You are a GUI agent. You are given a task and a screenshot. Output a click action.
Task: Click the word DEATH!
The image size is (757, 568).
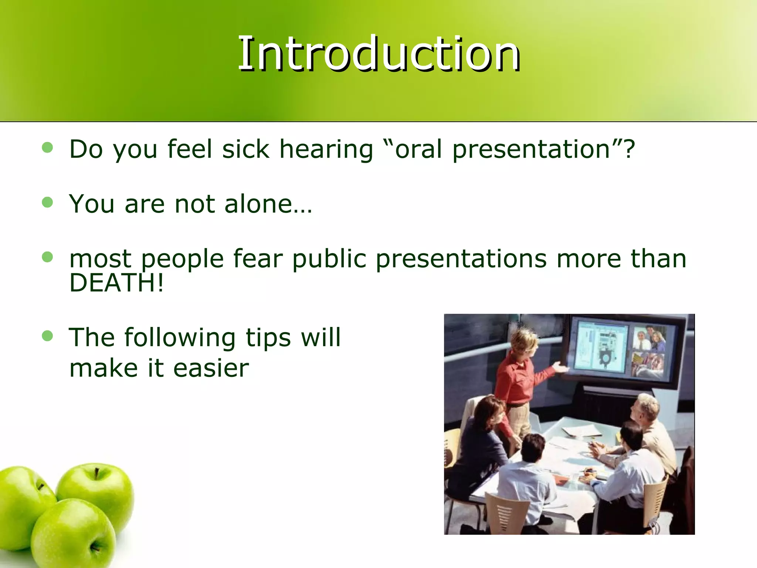tap(116, 283)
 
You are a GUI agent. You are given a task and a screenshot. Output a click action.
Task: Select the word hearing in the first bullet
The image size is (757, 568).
tap(326, 150)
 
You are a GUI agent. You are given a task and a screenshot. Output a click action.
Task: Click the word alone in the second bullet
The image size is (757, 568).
tap(259, 204)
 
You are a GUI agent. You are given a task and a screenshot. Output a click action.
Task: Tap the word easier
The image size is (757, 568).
tap(211, 368)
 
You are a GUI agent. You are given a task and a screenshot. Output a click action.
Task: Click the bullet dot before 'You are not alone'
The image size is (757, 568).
tap(48, 202)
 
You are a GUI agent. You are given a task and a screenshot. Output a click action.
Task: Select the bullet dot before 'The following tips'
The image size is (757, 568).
tap(48, 336)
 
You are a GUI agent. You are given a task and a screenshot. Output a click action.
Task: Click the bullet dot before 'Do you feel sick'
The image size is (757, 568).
tap(48, 148)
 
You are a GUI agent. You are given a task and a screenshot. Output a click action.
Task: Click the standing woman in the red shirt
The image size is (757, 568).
tap(517, 381)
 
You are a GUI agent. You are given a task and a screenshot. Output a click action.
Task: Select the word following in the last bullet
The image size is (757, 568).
tap(180, 338)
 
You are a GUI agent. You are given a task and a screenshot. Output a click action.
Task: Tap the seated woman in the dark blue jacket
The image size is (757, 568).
tap(481, 444)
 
